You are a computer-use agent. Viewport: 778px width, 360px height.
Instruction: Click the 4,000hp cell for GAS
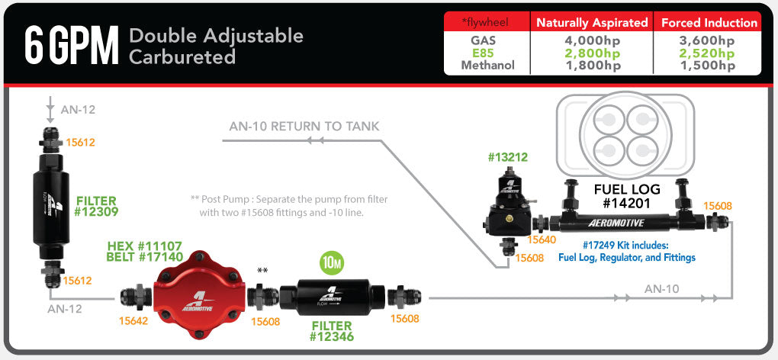(x=592, y=40)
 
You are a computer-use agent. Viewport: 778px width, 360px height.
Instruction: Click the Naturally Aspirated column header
(x=592, y=23)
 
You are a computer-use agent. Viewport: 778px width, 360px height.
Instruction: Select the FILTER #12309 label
(x=97, y=206)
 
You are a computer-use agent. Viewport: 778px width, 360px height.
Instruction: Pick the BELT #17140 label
(x=145, y=258)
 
